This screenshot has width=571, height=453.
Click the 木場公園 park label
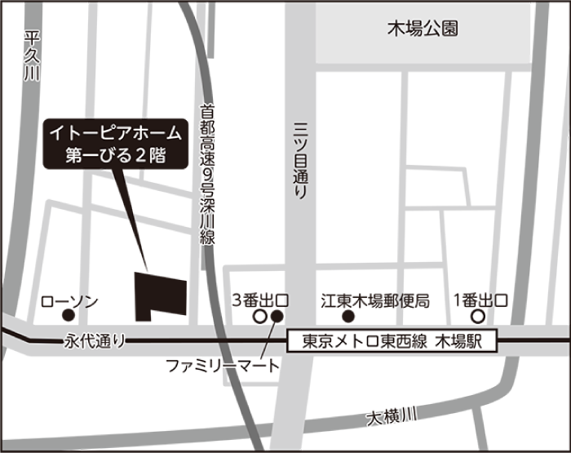[422, 29]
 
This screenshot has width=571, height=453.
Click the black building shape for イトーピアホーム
[159, 295]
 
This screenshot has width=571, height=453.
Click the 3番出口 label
[261, 300]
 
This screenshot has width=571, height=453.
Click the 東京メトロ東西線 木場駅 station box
[392, 341]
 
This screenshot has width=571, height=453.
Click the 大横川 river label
[391, 418]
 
